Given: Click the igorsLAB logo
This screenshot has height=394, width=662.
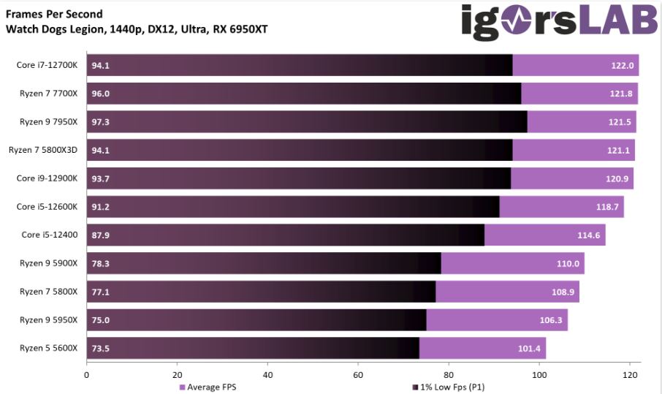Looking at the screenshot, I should click(559, 22).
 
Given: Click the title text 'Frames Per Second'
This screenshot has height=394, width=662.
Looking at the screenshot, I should click(54, 14).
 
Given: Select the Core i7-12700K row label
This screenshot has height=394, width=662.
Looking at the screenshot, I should click(47, 65).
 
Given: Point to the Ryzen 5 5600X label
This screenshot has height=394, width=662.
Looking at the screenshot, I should click(48, 348).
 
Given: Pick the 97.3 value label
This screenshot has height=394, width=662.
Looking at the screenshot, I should click(100, 122).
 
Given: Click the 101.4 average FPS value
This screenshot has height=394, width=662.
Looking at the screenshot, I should click(529, 349).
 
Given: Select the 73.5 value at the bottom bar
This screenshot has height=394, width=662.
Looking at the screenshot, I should click(100, 349).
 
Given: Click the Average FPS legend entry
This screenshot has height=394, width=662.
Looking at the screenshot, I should click(208, 387).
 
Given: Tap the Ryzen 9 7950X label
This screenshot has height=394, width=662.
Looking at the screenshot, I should click(48, 121).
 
